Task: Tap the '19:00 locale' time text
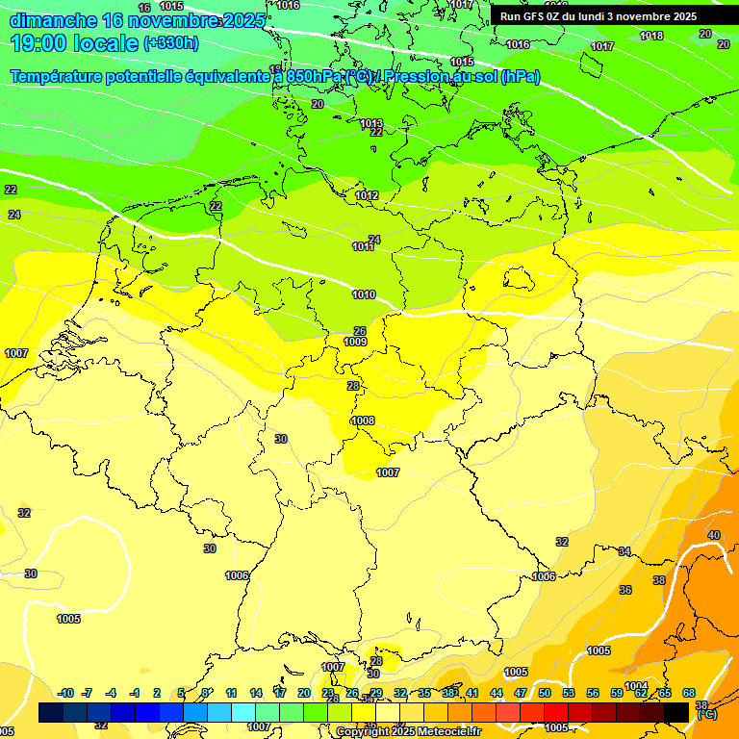tap(75, 42)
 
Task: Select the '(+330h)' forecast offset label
tap(170, 42)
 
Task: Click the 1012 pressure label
tap(367, 195)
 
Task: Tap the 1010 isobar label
tap(364, 294)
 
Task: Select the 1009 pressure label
tap(355, 342)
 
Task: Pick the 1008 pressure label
tap(363, 420)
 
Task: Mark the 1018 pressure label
tap(651, 36)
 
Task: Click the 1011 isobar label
tap(363, 247)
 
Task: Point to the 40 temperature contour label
tap(713, 535)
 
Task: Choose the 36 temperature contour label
tap(625, 590)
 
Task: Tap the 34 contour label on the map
tap(624, 551)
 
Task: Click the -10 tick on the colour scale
tap(66, 693)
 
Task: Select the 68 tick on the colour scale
tap(689, 693)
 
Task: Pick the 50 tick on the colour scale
tap(545, 693)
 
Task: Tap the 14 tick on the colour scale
tap(256, 693)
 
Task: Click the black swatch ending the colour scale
tap(675, 712)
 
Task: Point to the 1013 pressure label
tap(371, 123)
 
